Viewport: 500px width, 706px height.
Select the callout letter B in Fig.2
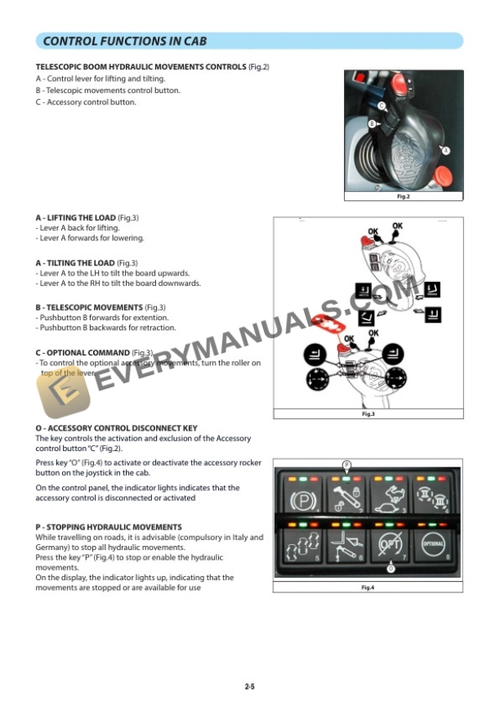coord(372,124)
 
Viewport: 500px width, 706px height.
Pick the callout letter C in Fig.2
coord(382,105)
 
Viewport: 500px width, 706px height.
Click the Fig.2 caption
coord(403,197)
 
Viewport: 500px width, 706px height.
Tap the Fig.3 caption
coord(368,415)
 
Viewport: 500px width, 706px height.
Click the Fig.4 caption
coord(368,588)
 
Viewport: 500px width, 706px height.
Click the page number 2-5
coord(249,687)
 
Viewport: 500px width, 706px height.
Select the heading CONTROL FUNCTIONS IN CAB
coord(124,41)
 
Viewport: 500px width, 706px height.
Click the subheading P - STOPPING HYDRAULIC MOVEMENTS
coord(109,527)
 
